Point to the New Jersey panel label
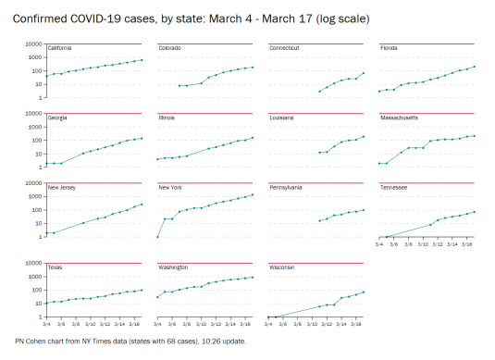click(61, 187)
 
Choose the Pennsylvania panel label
click(286, 187)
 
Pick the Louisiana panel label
click(281, 118)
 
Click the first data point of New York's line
click(157, 237)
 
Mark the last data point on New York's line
click(253, 194)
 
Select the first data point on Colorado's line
click(179, 85)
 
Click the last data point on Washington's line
click(253, 277)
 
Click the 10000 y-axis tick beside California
click(33, 43)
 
